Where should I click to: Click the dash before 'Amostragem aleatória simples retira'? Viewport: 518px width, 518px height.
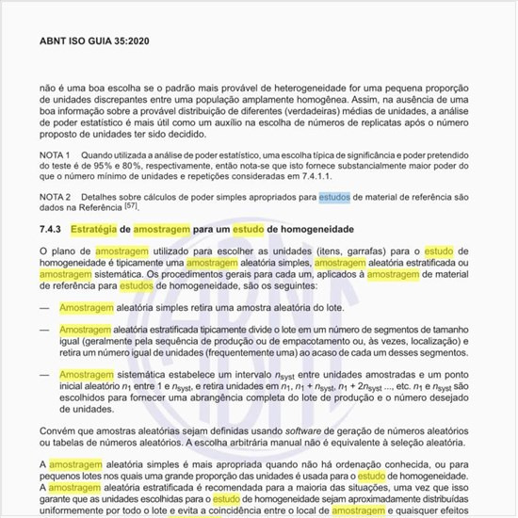pos(44,308)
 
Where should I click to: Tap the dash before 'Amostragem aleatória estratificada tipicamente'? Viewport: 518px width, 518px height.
pos(44,330)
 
